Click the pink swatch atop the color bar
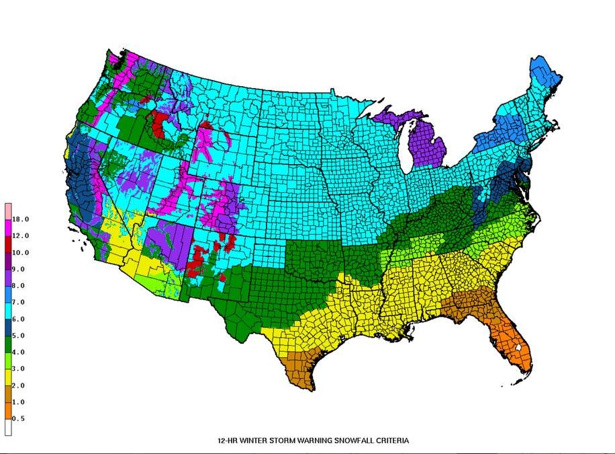tap(8, 210)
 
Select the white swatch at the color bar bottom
tap(8, 426)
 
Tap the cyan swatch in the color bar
tap(8, 309)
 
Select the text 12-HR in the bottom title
tap(228, 441)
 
